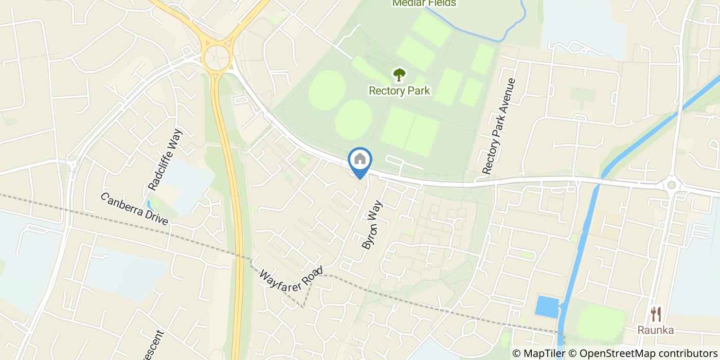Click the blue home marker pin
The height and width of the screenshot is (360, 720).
click(x=360, y=160)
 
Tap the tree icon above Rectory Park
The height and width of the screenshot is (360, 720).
click(x=399, y=75)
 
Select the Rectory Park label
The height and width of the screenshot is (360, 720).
click(x=399, y=91)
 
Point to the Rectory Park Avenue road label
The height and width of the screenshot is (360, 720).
click(x=498, y=127)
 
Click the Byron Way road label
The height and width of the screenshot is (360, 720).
click(x=373, y=225)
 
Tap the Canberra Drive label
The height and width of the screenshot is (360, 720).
click(x=134, y=208)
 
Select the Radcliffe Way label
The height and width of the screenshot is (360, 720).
click(x=162, y=159)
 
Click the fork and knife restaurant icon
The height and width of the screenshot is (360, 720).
click(x=656, y=314)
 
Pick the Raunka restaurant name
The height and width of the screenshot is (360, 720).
click(x=656, y=330)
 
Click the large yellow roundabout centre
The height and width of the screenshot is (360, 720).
click(x=217, y=56)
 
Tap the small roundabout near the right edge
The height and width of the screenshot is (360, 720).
click(x=671, y=185)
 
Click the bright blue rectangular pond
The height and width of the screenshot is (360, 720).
click(x=547, y=307)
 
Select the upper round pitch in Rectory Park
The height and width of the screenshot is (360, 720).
click(x=327, y=89)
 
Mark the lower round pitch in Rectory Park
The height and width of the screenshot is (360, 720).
click(x=353, y=119)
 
